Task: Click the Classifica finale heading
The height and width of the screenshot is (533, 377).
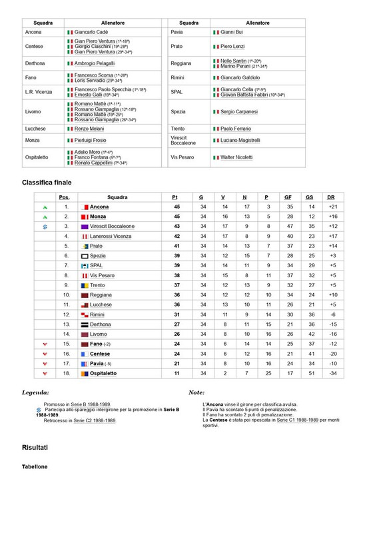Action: pos(47,182)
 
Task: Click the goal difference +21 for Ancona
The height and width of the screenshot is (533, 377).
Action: pos(331,207)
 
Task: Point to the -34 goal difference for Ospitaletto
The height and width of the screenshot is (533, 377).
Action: pos(331,373)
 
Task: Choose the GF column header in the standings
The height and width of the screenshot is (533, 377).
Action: pos(288,197)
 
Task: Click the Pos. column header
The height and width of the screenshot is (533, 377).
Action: pos(65,197)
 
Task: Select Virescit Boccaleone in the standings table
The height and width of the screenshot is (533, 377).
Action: pos(111,226)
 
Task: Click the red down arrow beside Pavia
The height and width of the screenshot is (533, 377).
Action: pos(45,364)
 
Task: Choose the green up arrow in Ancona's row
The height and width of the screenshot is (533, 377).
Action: pos(45,207)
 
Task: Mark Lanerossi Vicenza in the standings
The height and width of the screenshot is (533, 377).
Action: pos(113,235)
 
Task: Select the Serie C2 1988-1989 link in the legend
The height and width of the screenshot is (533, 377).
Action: pos(96,420)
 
